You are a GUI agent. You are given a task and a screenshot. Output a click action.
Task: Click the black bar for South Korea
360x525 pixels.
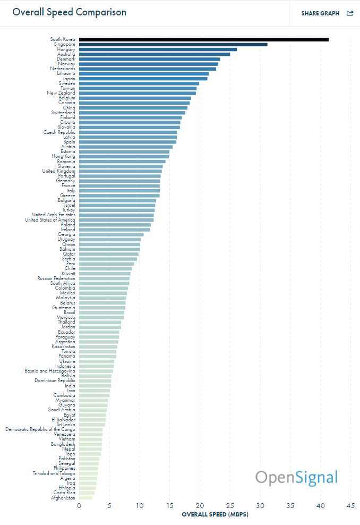[x=203, y=39]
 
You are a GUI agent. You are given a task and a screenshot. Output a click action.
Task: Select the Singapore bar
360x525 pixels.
[x=173, y=44]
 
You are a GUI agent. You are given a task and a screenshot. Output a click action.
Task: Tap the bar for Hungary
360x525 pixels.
[x=158, y=49]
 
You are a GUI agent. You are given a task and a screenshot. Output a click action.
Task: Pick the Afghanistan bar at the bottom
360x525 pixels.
[x=85, y=498]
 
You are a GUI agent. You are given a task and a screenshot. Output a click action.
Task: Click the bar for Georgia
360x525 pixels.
[x=111, y=234]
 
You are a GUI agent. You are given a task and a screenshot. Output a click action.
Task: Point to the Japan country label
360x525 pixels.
[x=68, y=79]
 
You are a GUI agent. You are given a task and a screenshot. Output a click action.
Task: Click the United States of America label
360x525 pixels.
[x=50, y=220]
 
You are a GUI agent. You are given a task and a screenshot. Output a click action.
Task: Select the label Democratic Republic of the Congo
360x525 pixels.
[x=40, y=429]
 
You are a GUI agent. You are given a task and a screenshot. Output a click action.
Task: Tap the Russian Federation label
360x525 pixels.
[x=56, y=278]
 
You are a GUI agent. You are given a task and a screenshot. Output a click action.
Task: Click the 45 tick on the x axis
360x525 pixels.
[x=351, y=506]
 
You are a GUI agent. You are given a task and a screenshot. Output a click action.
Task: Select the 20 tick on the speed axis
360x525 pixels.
[x=200, y=506]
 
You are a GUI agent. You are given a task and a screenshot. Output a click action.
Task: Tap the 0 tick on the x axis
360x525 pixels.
[x=79, y=506]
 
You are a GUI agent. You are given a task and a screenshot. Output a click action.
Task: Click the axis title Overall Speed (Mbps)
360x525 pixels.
[x=215, y=515]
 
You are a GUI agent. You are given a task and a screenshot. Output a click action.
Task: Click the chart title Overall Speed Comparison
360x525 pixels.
[x=70, y=12]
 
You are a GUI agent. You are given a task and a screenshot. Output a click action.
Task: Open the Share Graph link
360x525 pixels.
[x=320, y=13]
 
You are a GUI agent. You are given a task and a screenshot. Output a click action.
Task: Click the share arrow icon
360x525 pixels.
[x=350, y=13]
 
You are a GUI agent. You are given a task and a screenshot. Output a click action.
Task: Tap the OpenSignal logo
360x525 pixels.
[x=296, y=477]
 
